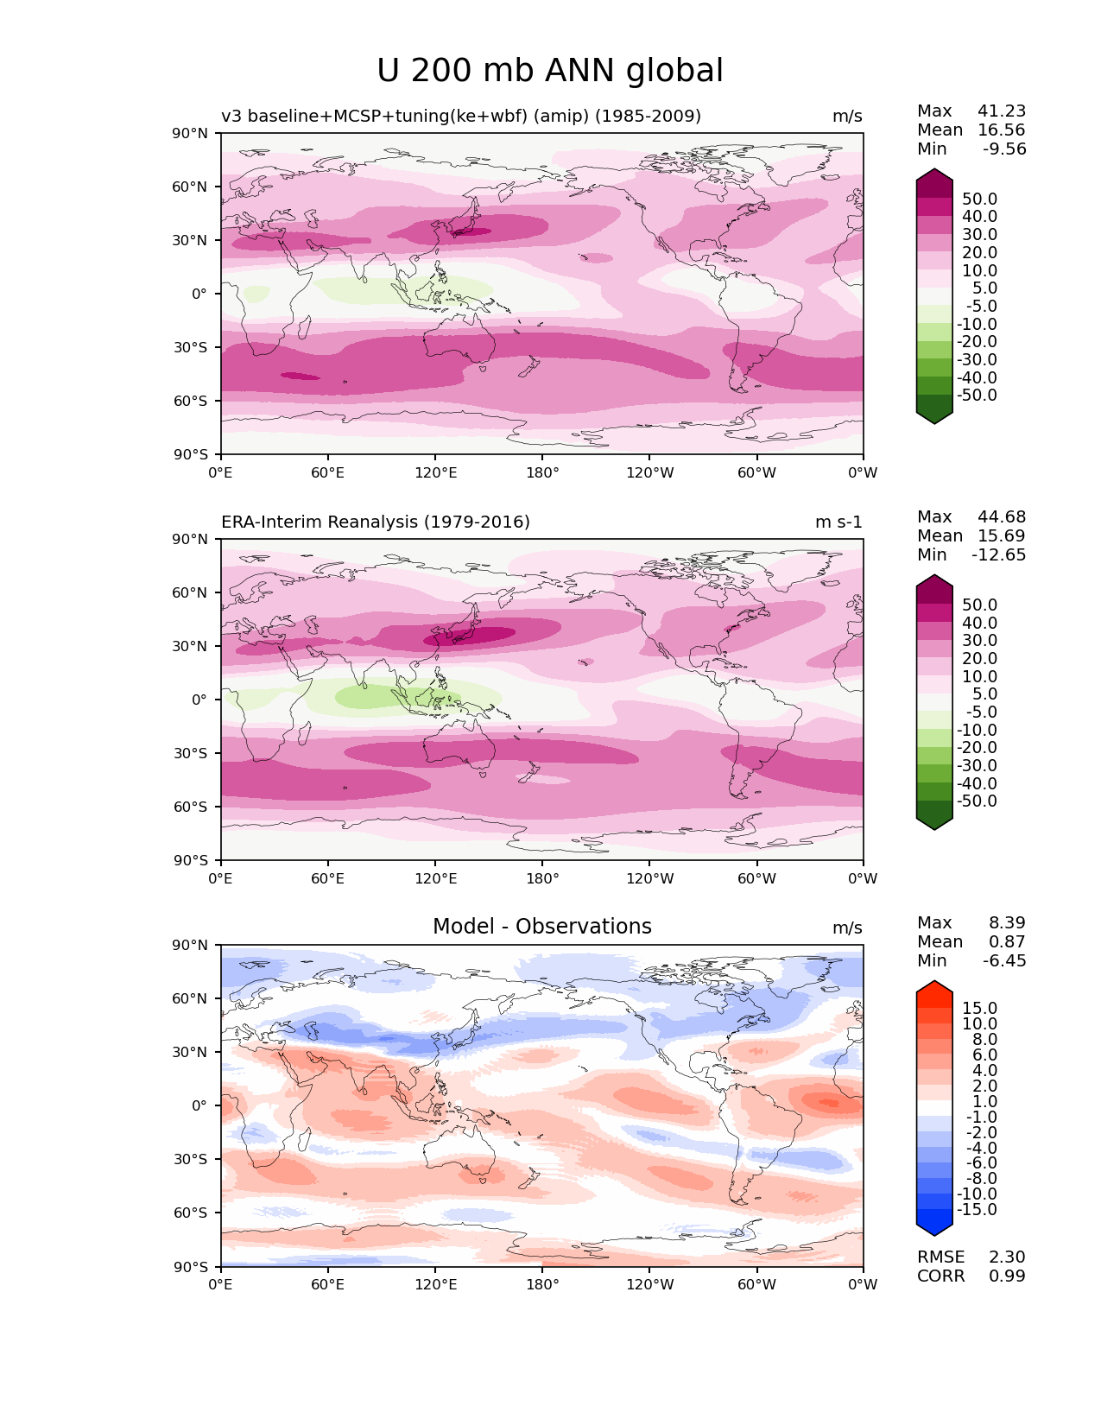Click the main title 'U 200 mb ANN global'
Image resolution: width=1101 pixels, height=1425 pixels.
(x=550, y=71)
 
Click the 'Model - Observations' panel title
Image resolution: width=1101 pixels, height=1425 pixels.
(x=541, y=927)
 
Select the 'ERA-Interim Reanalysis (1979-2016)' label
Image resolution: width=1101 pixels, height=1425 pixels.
(x=376, y=522)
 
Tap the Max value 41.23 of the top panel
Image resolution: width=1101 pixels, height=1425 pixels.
(x=1002, y=111)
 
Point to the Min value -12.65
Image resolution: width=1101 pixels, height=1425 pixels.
(x=999, y=554)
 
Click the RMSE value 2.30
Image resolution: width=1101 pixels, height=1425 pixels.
(x=1007, y=1257)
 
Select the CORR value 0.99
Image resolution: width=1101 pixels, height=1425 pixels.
(x=1007, y=1276)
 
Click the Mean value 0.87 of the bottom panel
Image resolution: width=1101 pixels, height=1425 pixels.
(x=1007, y=941)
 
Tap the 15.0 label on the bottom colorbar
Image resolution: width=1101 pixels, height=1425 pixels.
(x=980, y=1008)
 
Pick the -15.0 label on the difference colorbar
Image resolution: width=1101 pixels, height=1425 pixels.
(x=977, y=1209)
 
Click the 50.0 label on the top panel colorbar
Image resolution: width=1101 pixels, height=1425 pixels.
(x=980, y=199)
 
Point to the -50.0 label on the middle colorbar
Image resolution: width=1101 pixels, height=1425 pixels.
(x=977, y=801)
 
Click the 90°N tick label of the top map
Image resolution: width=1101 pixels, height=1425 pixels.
(x=191, y=133)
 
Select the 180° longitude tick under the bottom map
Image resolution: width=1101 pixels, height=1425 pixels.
(x=542, y=1284)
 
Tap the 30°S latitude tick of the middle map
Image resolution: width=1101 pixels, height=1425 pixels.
(x=191, y=753)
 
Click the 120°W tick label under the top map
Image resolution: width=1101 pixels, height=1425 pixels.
(x=649, y=472)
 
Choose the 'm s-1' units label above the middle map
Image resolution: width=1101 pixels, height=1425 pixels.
(x=838, y=522)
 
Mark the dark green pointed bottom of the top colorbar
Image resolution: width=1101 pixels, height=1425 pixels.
(x=934, y=416)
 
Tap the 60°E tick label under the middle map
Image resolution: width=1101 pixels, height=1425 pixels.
(x=328, y=878)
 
